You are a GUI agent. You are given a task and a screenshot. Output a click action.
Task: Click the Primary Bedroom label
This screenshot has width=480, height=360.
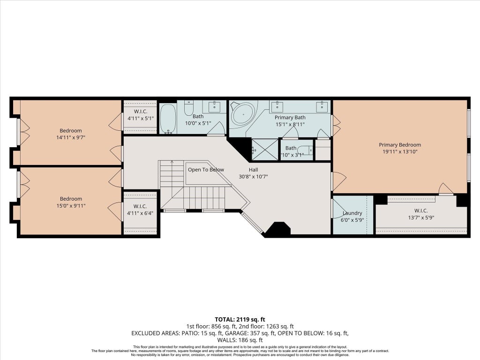(400, 145)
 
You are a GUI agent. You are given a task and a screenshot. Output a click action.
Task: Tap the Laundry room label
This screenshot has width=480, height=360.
(352, 213)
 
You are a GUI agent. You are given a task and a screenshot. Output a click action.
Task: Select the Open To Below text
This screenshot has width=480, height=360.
(206, 170)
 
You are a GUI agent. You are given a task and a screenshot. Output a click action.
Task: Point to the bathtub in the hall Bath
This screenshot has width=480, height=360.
(168, 119)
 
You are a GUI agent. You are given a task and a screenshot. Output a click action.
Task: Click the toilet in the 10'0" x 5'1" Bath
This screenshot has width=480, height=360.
(189, 108)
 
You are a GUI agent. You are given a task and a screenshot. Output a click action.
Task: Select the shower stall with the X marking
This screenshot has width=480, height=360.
(265, 150)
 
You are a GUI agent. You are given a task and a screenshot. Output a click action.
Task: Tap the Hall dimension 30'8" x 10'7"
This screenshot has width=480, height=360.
(253, 177)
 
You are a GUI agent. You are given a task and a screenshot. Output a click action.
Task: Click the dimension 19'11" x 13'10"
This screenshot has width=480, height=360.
(400, 151)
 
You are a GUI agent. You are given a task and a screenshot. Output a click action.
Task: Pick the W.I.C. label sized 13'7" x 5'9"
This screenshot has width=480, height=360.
(421, 210)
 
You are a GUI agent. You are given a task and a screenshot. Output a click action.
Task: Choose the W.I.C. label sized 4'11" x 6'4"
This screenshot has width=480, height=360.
(140, 206)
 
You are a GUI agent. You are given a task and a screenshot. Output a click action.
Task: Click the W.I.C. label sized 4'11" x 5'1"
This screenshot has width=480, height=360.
(141, 112)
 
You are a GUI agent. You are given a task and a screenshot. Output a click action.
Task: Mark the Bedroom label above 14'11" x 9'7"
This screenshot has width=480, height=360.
(71, 131)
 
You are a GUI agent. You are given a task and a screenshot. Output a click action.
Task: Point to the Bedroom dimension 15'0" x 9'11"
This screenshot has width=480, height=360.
(71, 206)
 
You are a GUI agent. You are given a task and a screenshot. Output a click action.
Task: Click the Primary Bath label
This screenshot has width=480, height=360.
(290, 118)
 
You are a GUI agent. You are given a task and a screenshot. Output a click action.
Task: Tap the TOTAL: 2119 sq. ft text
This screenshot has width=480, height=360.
(240, 320)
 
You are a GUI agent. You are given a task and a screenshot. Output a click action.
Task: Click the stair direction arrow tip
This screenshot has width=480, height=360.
(172, 161)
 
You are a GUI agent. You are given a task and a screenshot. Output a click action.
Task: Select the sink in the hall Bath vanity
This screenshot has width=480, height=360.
(214, 107)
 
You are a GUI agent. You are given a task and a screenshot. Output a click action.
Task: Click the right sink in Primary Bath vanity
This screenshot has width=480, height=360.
(322, 107)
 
